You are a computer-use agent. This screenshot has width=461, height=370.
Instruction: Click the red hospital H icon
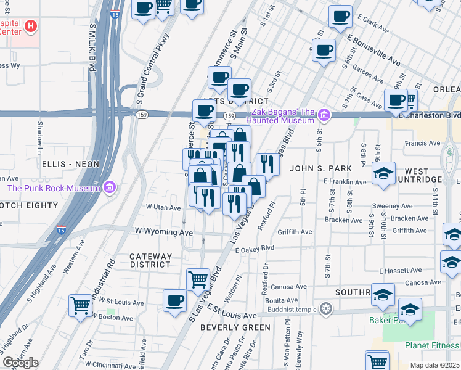(30, 27)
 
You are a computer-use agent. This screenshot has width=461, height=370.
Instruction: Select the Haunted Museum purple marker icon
(324, 115)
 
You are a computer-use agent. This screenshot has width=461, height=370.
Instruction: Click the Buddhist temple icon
(325, 308)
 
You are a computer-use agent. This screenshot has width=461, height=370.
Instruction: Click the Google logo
(20, 363)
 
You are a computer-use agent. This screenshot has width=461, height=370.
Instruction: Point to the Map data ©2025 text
(434, 365)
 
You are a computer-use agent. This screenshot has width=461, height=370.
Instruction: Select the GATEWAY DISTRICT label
(150, 260)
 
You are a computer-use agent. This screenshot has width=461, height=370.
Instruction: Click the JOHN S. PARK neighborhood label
(320, 168)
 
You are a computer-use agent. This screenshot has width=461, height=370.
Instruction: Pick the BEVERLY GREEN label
(235, 327)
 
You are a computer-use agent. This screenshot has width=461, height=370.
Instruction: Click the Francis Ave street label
(423, 143)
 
